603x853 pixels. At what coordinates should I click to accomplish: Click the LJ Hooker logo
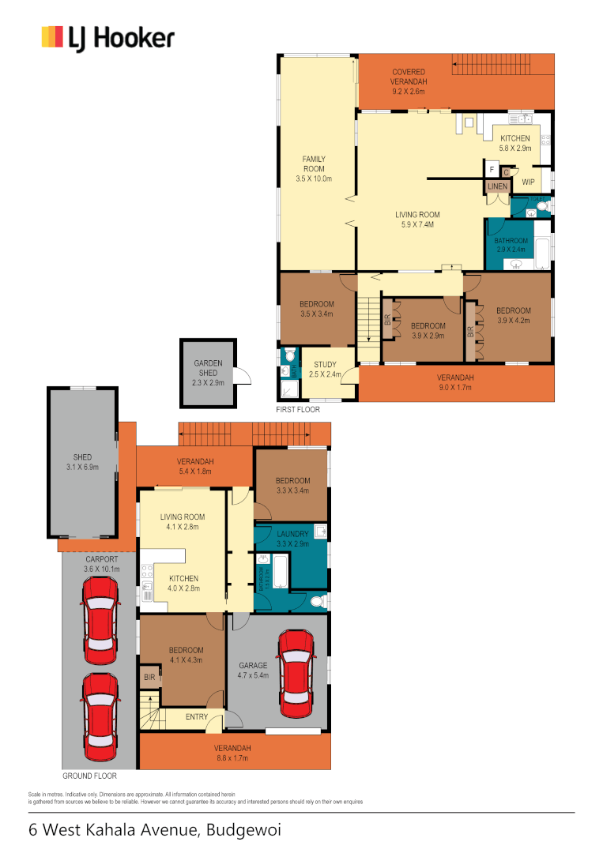click(x=107, y=38)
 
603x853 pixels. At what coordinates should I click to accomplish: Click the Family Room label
click(x=314, y=168)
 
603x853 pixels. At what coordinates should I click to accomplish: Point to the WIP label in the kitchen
click(x=529, y=182)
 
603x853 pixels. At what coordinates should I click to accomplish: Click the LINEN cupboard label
click(x=496, y=186)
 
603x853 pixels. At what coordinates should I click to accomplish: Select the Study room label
click(x=325, y=369)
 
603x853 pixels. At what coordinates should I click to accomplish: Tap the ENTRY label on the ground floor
click(x=197, y=717)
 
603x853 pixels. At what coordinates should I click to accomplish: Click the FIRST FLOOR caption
click(x=299, y=411)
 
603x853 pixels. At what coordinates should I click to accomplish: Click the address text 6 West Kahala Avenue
click(x=154, y=830)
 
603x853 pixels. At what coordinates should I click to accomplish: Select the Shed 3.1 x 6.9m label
click(x=82, y=462)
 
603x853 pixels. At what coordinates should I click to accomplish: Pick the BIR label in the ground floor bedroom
click(x=149, y=677)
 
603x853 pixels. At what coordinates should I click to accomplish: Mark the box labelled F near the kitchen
click(x=492, y=170)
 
